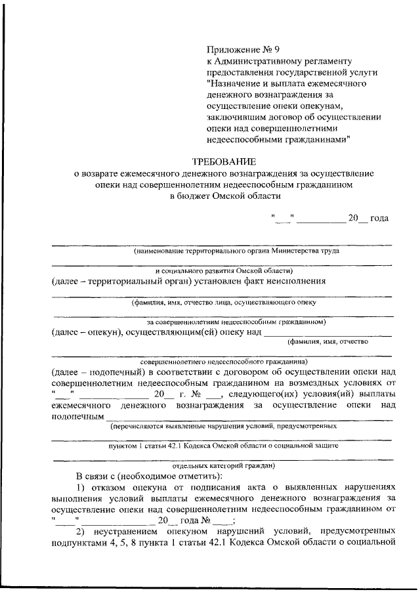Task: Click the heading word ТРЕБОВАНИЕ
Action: click(x=224, y=161)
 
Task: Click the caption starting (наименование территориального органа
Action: click(x=236, y=251)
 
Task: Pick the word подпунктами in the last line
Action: click(x=78, y=541)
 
